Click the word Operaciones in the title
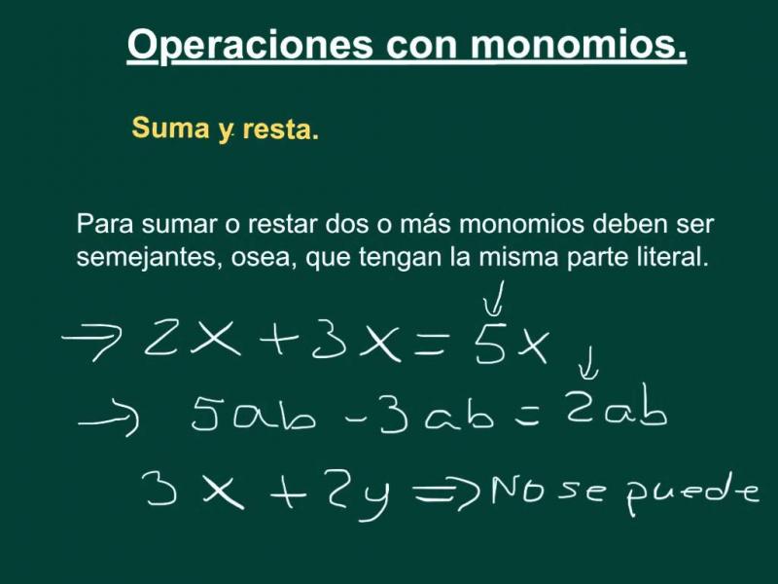pyautogui.click(x=250, y=46)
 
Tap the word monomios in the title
pyautogui.click(x=579, y=44)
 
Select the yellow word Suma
pyautogui.click(x=171, y=128)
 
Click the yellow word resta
pyautogui.click(x=281, y=130)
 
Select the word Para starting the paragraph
pyautogui.click(x=105, y=224)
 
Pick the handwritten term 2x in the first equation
pyautogui.click(x=192, y=338)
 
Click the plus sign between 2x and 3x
pyautogui.click(x=279, y=339)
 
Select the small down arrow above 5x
pyautogui.click(x=496, y=298)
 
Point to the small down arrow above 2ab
pyautogui.click(x=589, y=363)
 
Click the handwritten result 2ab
pyautogui.click(x=618, y=406)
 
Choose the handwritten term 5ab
pyautogui.click(x=253, y=413)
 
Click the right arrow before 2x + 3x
pyautogui.click(x=92, y=341)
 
